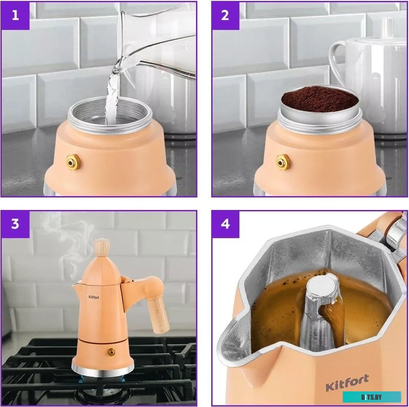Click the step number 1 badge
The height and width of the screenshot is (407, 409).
click(15, 16)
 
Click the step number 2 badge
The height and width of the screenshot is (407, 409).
click(225, 16)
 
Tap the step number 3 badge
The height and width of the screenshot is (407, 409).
click(15, 224)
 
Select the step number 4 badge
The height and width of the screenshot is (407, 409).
click(225, 224)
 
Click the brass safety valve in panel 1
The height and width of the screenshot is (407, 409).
click(73, 162)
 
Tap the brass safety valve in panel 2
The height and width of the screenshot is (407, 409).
click(283, 162)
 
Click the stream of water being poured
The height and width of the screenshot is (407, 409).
click(113, 94)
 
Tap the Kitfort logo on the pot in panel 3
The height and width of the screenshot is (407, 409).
click(94, 297)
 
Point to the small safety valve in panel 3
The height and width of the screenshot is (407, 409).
click(111, 352)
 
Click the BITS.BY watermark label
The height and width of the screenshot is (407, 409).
click(371, 397)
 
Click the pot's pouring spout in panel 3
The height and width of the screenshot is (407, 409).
click(76, 286)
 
